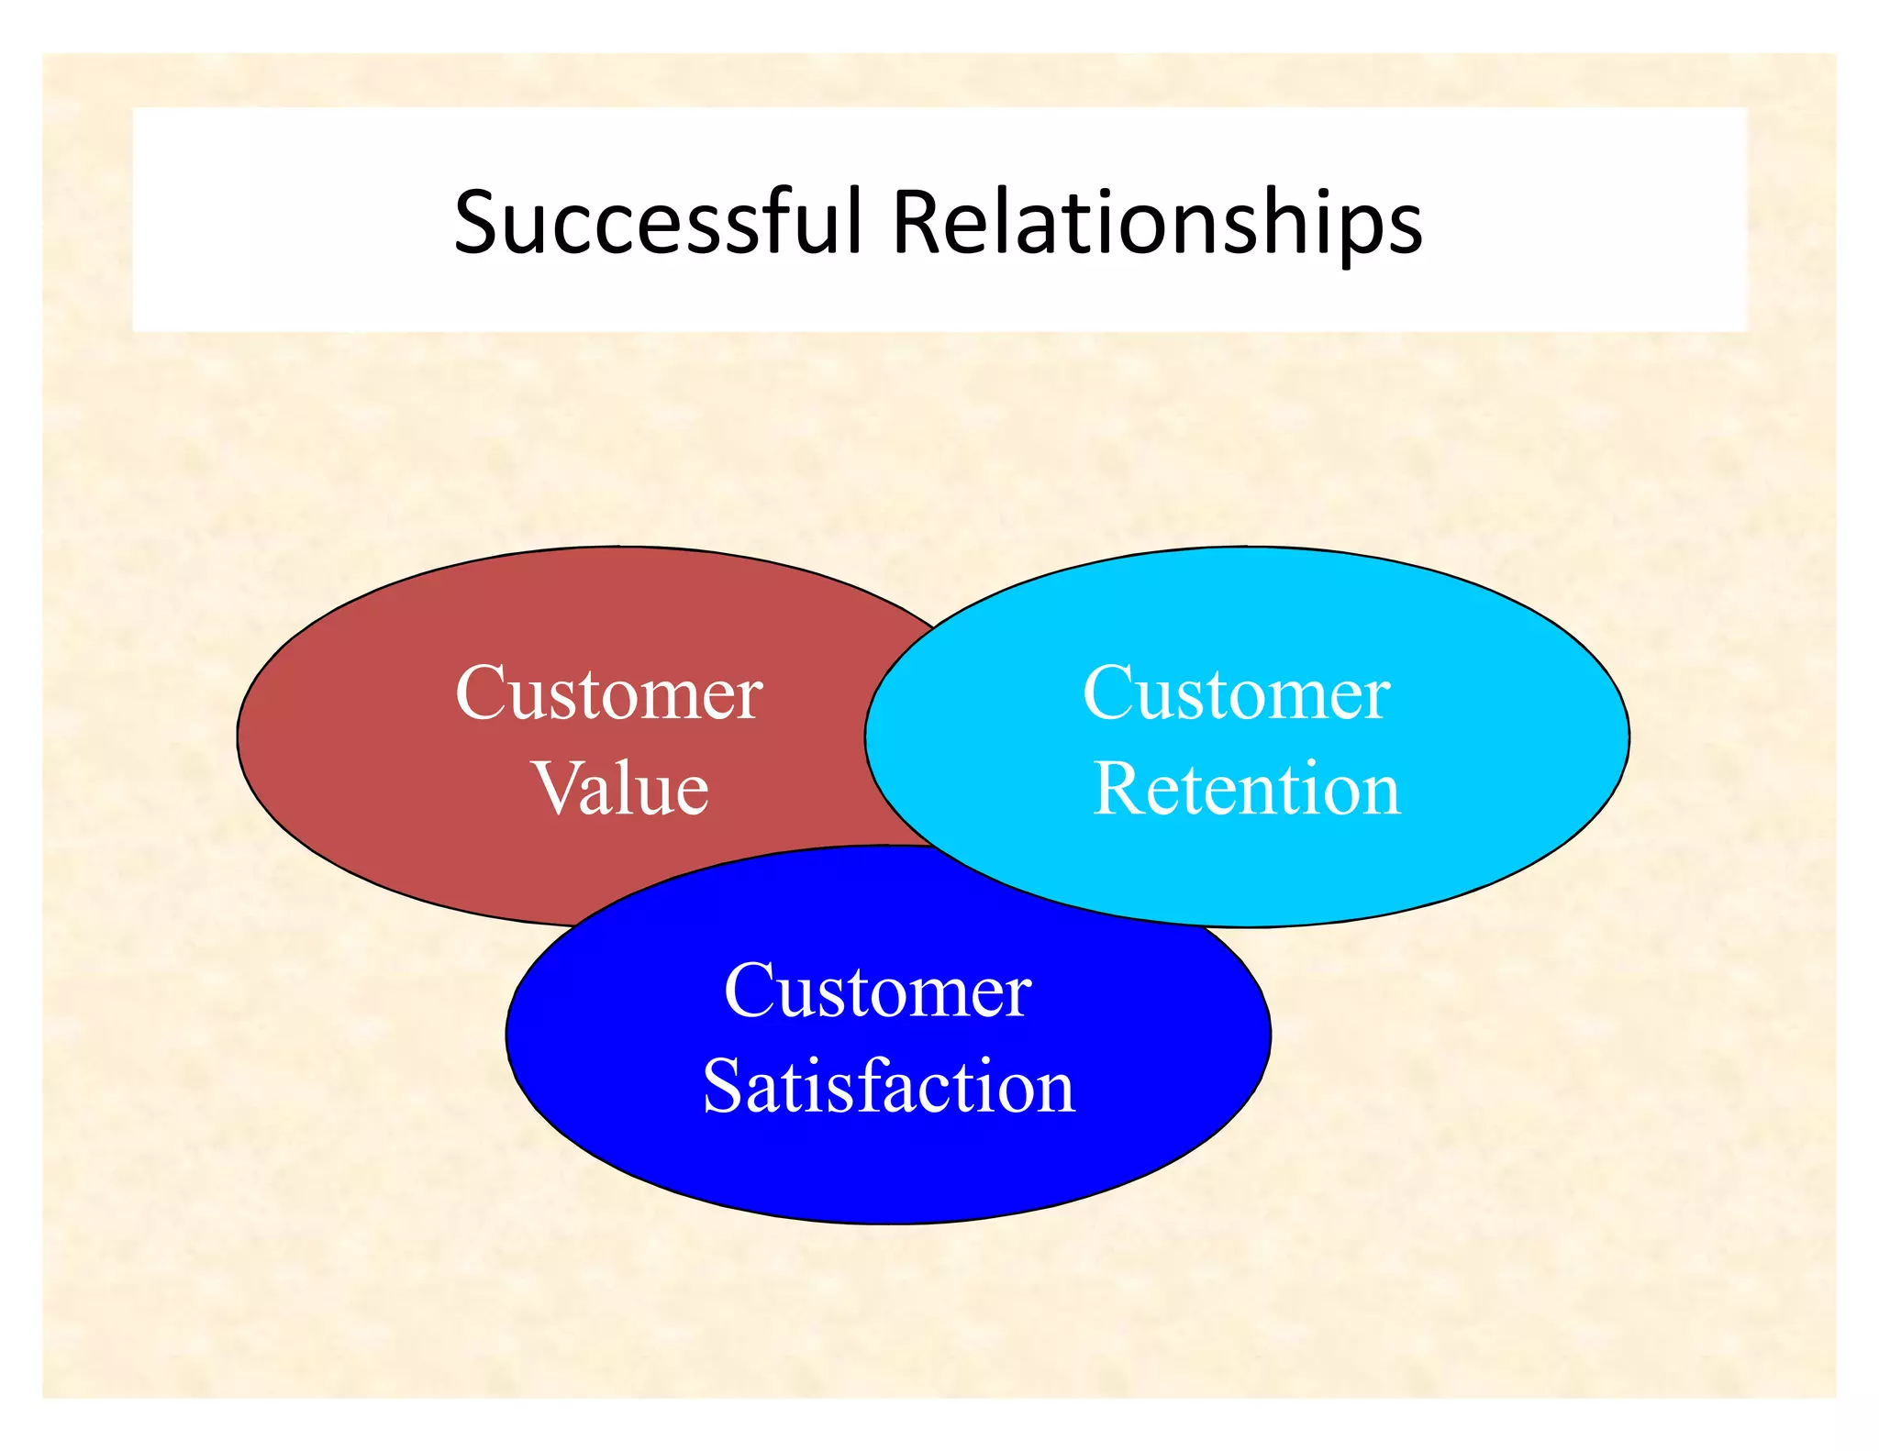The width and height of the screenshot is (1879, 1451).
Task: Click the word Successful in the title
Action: (657, 222)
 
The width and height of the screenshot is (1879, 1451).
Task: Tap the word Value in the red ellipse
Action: (621, 789)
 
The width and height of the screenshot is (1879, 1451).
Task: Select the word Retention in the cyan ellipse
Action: (1247, 789)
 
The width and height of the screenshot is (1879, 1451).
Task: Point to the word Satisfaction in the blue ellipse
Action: (888, 1086)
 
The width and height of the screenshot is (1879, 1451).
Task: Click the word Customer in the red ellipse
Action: (609, 693)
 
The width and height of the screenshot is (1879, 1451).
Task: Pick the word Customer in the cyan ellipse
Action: (1237, 693)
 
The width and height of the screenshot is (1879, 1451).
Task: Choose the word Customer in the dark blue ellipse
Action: (878, 991)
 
